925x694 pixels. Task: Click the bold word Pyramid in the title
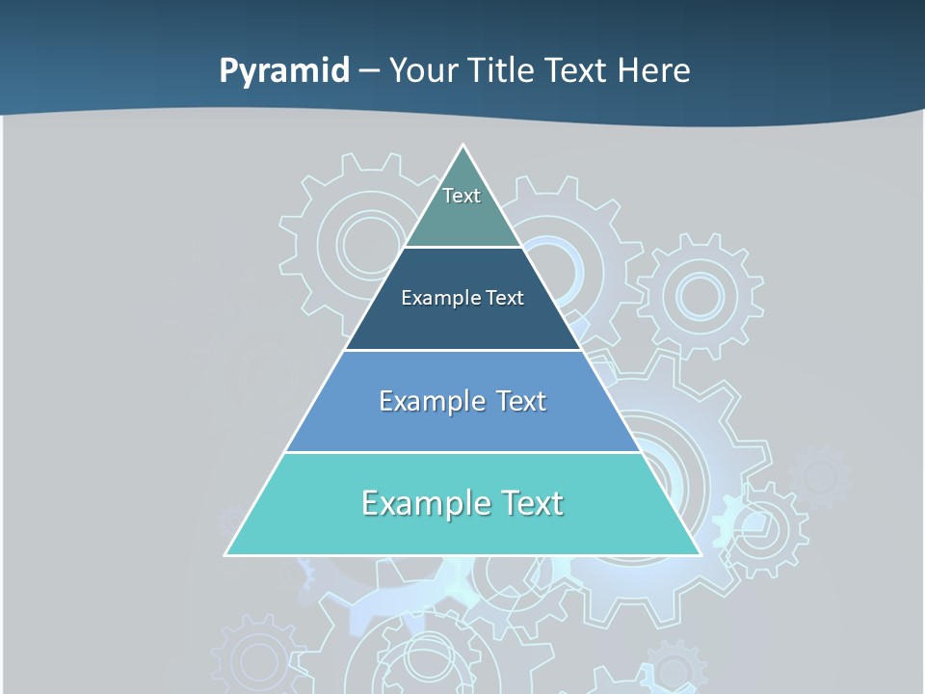tap(284, 71)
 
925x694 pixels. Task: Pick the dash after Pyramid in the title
tap(368, 71)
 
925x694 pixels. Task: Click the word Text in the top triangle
tap(462, 196)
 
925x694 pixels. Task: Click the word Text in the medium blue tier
tap(521, 401)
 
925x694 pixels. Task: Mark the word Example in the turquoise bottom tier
tap(422, 503)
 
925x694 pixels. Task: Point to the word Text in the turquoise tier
tap(531, 503)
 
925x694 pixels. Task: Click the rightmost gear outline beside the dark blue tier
tap(700, 296)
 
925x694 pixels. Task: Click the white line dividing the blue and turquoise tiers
tap(462, 452)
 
